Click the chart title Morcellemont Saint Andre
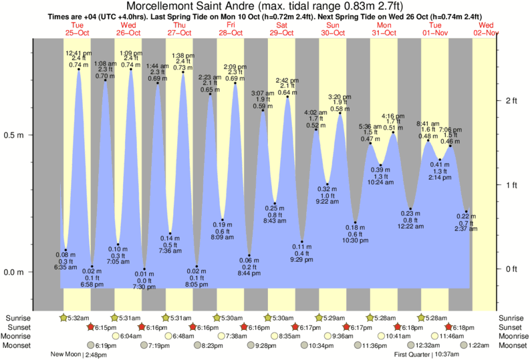tap(265, 7)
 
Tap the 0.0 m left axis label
tap(15, 273)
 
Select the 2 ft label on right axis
tap(512, 101)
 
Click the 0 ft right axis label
tap(512, 269)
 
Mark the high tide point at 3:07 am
tap(263, 110)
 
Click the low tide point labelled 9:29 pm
tap(302, 242)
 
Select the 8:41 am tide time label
tap(428, 124)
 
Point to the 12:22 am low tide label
tap(410, 227)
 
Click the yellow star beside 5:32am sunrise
tap(64, 318)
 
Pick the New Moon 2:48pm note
tap(79, 355)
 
